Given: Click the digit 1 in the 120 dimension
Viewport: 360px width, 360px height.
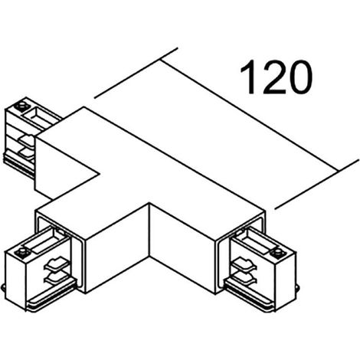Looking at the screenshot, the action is [x=249, y=77].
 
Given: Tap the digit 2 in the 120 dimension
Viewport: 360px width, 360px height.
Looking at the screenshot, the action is [x=274, y=77].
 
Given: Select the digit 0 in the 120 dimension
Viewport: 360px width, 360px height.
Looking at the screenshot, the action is [x=300, y=77].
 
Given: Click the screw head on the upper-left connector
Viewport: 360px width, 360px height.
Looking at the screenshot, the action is [x=21, y=106].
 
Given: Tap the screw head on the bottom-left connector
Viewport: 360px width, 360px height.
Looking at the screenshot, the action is [x=21, y=252].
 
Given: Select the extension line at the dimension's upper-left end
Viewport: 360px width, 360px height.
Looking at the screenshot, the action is [x=136, y=73].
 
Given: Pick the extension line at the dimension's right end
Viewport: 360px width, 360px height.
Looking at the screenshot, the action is [x=316, y=185].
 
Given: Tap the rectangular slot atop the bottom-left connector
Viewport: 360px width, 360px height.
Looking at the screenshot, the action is [x=45, y=241].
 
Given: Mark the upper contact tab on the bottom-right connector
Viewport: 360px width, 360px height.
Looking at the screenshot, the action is [x=244, y=265].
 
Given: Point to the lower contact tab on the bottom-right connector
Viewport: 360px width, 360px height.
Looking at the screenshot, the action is [x=244, y=278].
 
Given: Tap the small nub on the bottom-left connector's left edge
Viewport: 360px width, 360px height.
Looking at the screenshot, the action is [x=3, y=289].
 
